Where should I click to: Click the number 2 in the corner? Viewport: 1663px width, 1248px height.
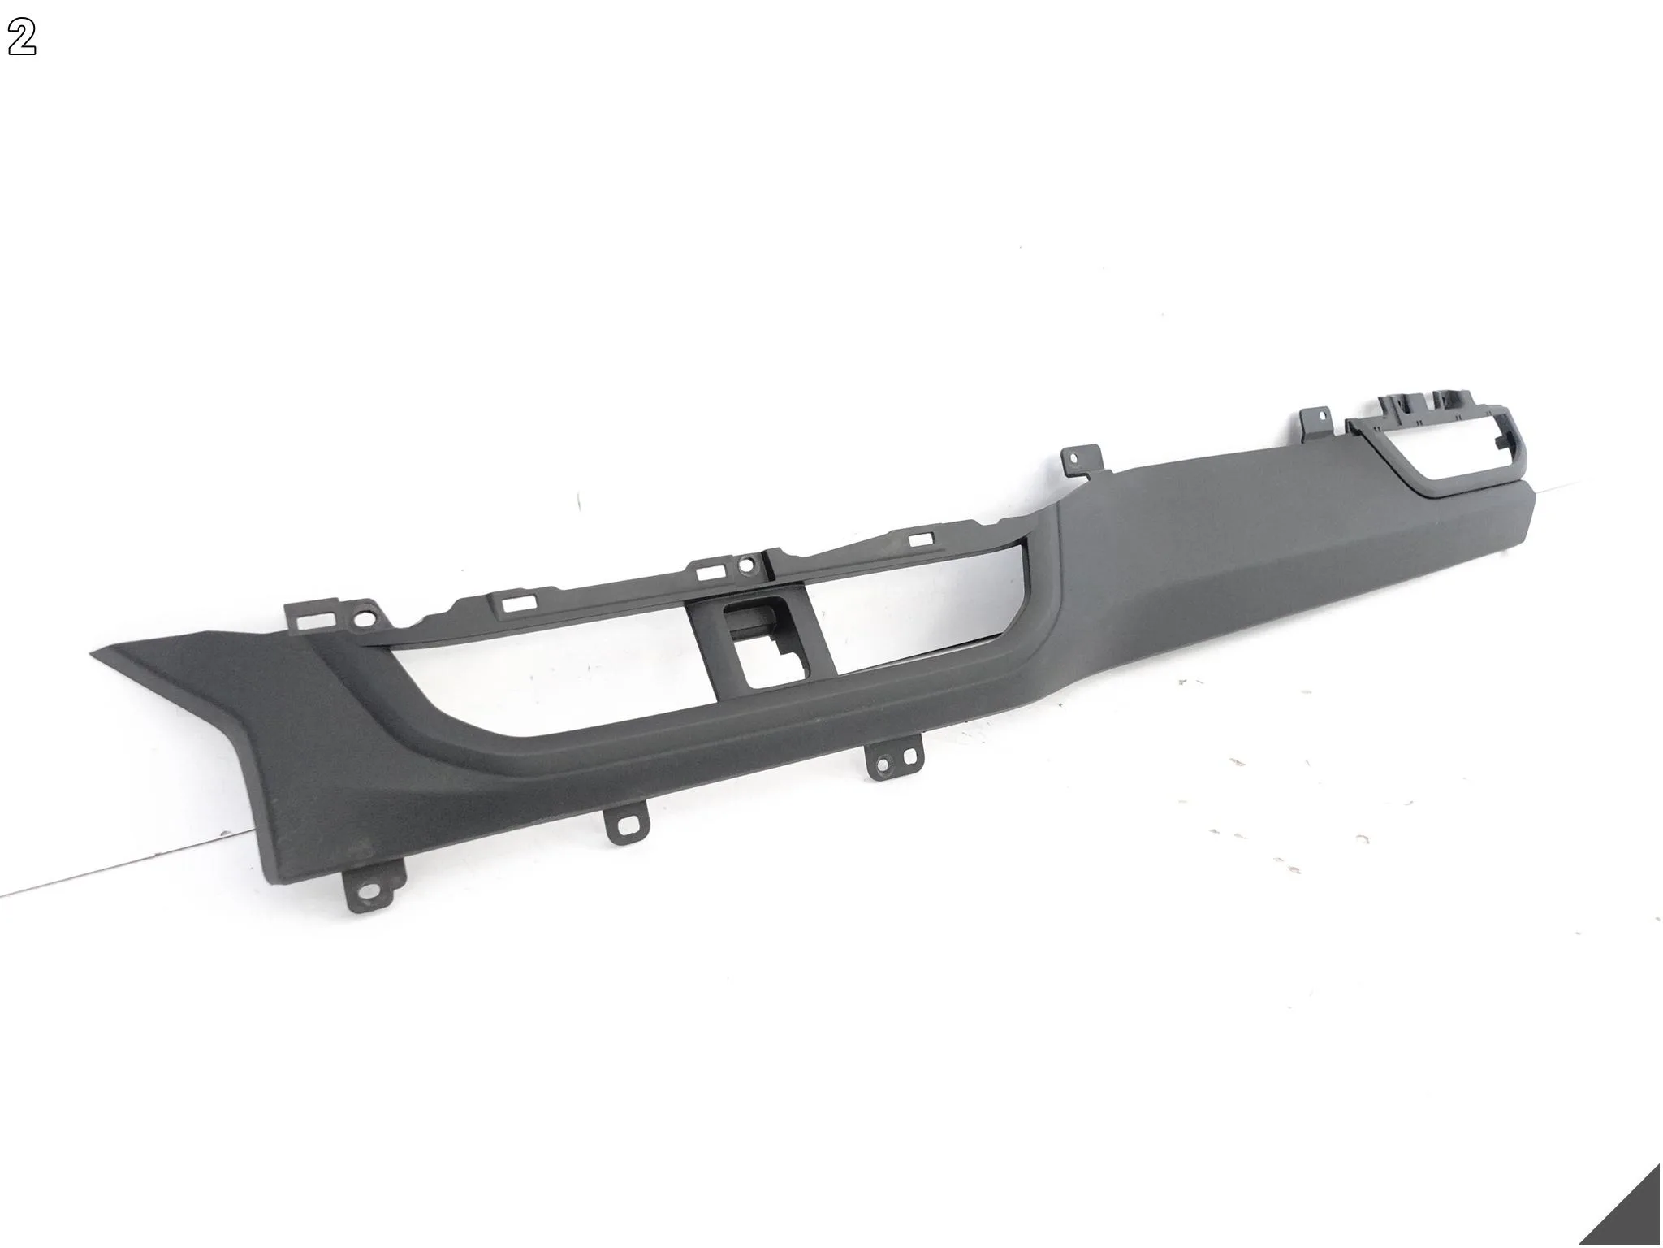(22, 38)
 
